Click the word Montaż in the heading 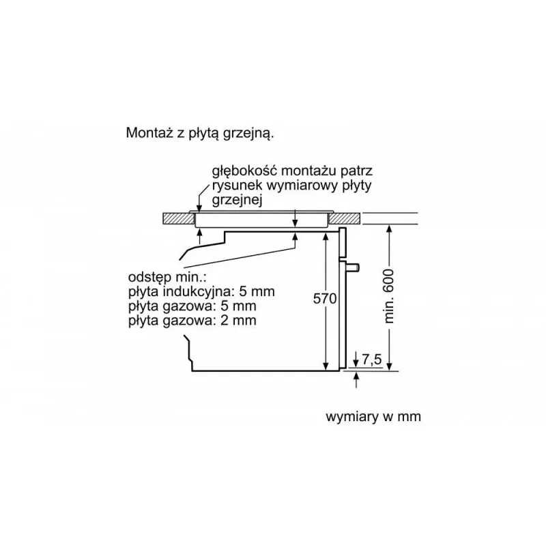(x=147, y=133)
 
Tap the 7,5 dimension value (x=371, y=358)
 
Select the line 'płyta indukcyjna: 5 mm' (x=201, y=291)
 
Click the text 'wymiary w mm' (x=373, y=416)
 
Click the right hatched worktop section (x=346, y=218)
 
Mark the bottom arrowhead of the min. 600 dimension (x=390, y=367)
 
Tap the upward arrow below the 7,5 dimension (x=357, y=378)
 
